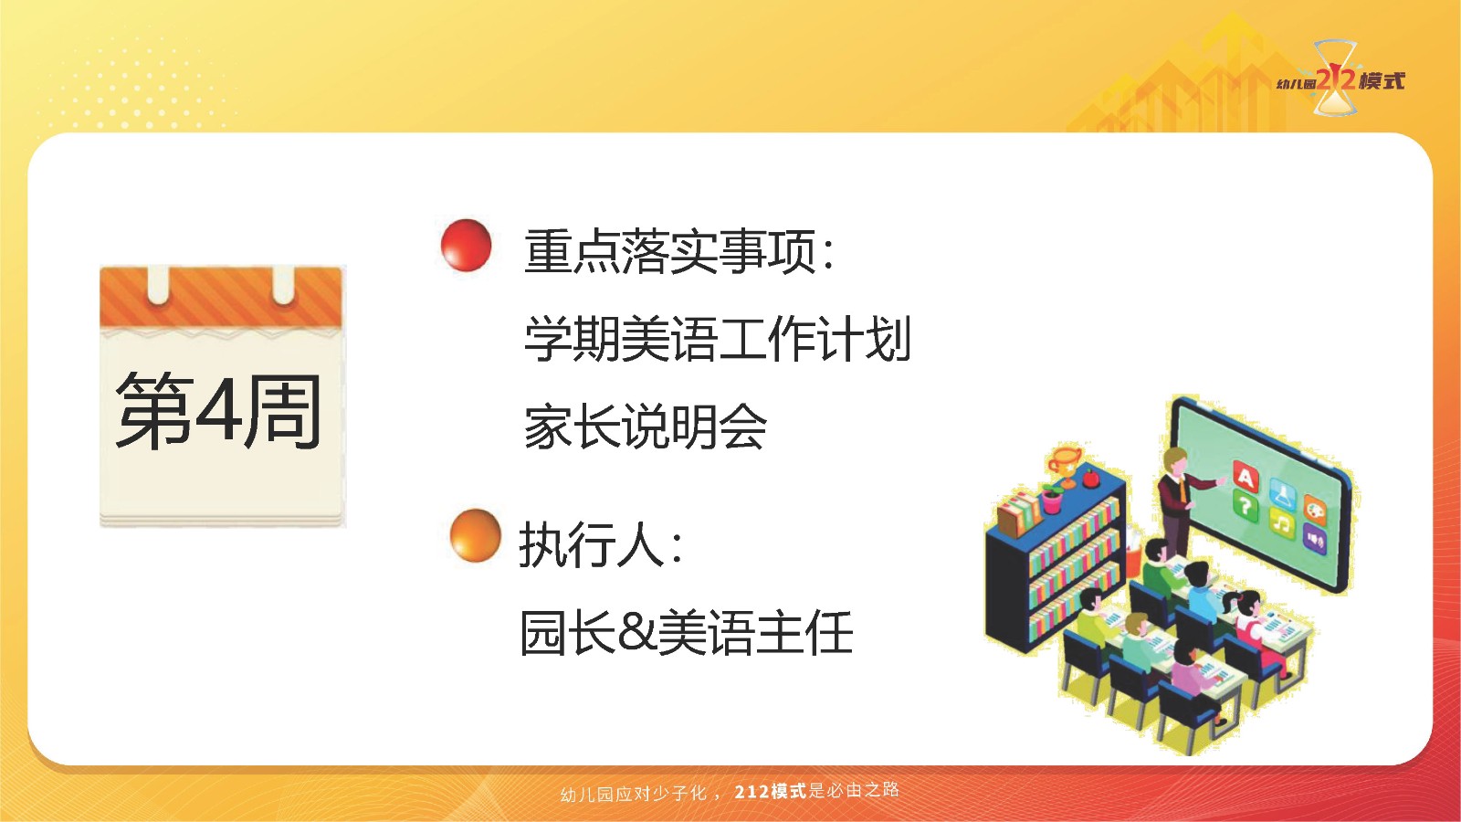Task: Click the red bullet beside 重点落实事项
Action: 466,245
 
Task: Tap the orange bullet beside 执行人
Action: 476,535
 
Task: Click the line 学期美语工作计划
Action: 718,339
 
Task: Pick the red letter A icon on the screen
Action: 1246,478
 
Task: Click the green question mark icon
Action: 1246,506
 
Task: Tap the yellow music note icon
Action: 1282,522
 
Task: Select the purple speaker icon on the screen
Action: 1315,539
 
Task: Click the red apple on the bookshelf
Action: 1091,479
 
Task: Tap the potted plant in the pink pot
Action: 1051,499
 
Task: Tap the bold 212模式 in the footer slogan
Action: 771,791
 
